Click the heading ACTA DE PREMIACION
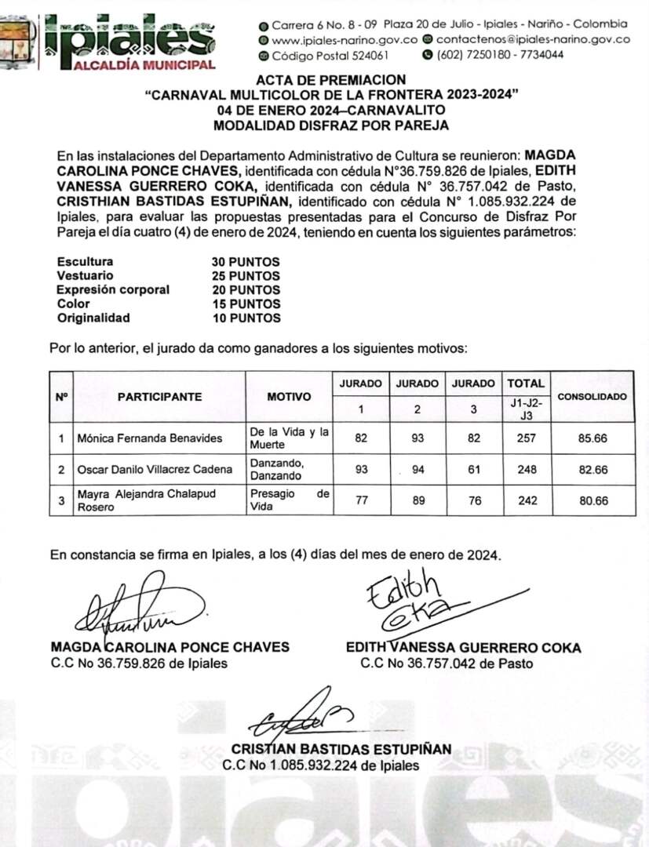click(x=331, y=80)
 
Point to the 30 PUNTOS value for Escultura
click(x=246, y=262)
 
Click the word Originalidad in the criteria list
click(x=93, y=318)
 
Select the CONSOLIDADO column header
click(x=592, y=397)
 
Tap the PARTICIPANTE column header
click(x=159, y=397)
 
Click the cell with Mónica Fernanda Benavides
click(x=149, y=438)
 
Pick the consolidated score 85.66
click(x=592, y=438)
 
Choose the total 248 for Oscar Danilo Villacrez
click(x=527, y=470)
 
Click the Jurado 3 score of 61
click(x=475, y=470)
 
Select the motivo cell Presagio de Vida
click(x=290, y=501)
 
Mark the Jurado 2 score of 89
click(x=417, y=501)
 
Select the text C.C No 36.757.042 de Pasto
click(x=447, y=663)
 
